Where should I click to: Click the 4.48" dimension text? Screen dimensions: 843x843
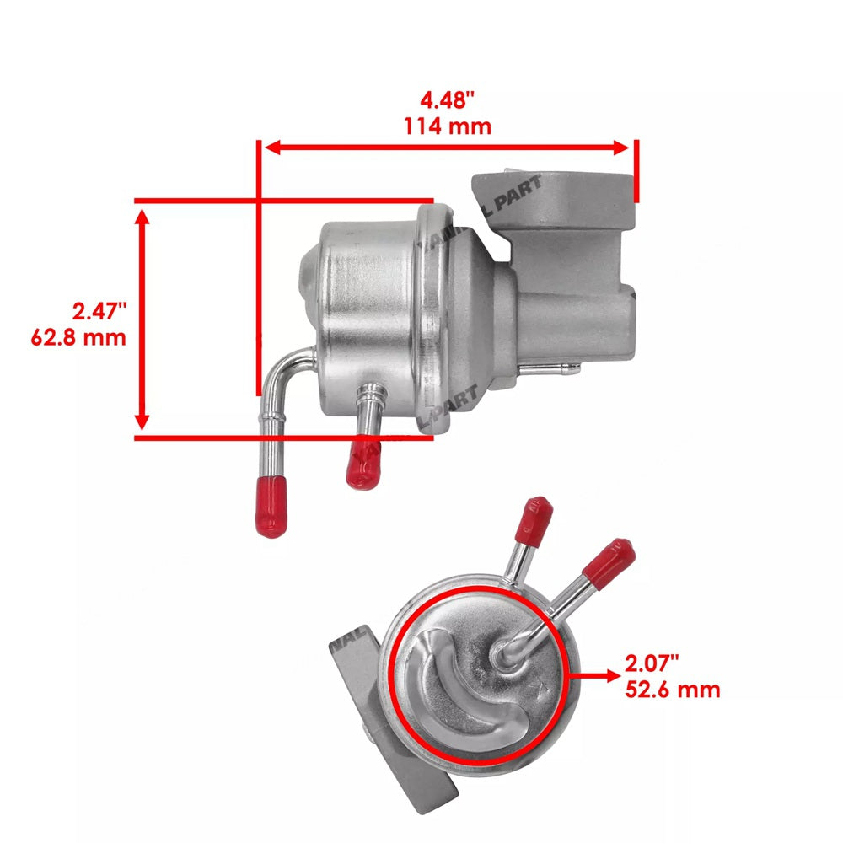click(x=448, y=100)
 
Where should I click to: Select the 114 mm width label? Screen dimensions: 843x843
click(x=448, y=126)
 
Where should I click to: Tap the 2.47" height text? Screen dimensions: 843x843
click(x=99, y=312)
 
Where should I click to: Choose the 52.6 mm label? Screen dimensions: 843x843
click(x=672, y=690)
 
